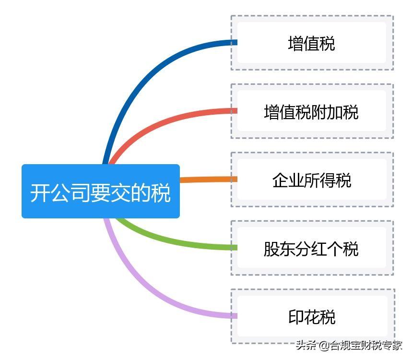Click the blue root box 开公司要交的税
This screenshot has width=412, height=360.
pyautogui.click(x=101, y=191)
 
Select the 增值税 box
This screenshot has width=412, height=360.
pyautogui.click(x=312, y=43)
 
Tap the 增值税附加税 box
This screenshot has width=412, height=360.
pyautogui.click(x=312, y=111)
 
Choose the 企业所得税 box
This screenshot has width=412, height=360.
pyautogui.click(x=312, y=180)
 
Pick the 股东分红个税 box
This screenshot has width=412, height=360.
pyautogui.click(x=312, y=248)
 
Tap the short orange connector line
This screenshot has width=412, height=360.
pyautogui.click(x=209, y=180)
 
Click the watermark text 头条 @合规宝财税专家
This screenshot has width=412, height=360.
pyautogui.click(x=349, y=345)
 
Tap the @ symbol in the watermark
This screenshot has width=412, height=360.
pyautogui.click(x=324, y=346)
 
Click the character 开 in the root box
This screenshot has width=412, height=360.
pyautogui.click(x=40, y=193)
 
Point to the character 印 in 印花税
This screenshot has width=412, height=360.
pyautogui.click(x=296, y=317)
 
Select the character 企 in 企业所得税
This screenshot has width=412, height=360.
pyautogui.click(x=280, y=180)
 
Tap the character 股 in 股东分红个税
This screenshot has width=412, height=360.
pyautogui.click(x=271, y=249)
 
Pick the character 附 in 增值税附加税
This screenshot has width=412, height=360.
pyautogui.click(x=319, y=112)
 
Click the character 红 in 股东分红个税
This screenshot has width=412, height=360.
pyautogui.click(x=319, y=249)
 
